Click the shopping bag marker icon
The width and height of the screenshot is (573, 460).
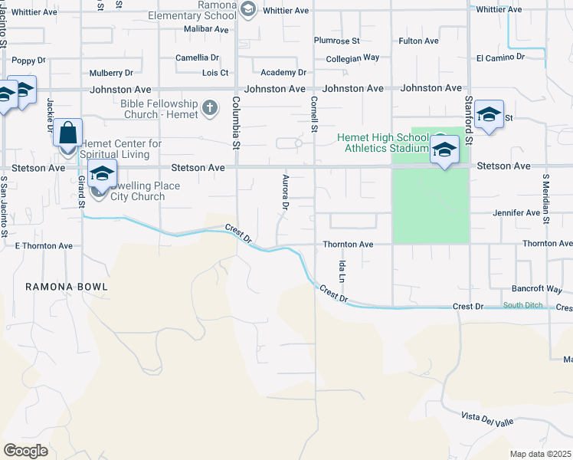click(68, 132)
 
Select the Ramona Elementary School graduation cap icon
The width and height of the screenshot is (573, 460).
click(247, 9)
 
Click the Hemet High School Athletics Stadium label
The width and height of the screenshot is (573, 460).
click(384, 143)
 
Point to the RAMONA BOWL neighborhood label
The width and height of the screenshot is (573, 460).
click(66, 287)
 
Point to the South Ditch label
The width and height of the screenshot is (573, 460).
click(522, 306)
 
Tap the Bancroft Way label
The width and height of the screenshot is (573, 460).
click(537, 290)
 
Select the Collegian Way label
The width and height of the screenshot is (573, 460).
click(352, 58)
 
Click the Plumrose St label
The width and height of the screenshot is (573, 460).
click(337, 41)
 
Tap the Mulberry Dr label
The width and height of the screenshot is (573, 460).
click(111, 73)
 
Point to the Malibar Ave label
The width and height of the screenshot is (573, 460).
click(206, 29)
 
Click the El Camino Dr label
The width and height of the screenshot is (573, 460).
click(500, 57)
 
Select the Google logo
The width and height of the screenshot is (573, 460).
click(25, 451)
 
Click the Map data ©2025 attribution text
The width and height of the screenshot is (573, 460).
click(540, 454)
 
